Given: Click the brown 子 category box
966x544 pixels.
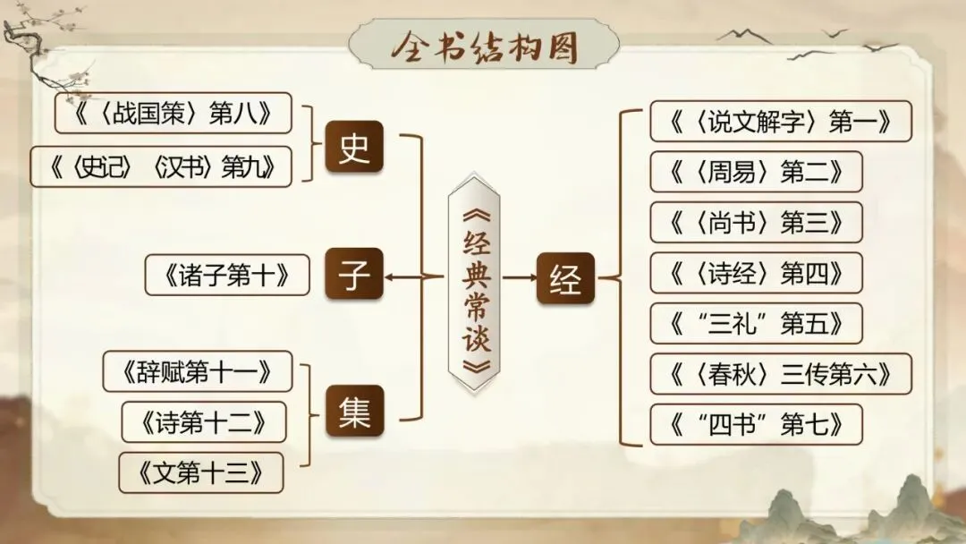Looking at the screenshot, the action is coord(354,276).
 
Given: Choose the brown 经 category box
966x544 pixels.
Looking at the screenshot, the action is coord(566,279).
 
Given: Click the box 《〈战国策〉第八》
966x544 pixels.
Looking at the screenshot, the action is coord(174,113).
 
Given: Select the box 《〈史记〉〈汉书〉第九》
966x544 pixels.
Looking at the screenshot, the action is coord(162,166).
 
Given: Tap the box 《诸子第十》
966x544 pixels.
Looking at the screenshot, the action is coord(227,276).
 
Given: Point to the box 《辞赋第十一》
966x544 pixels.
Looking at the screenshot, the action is coord(198,370).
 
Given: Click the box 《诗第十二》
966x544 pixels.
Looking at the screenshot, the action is coord(204,421).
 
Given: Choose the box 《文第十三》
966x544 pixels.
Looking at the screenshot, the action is coord(201,472).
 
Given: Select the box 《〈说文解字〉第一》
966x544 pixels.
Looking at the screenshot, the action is coord(781,122).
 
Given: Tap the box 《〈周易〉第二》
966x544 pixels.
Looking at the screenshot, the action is coord(756,172).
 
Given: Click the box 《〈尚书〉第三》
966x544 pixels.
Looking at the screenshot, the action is coord(756,222).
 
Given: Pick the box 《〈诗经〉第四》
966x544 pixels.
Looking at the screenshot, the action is coord(756,273).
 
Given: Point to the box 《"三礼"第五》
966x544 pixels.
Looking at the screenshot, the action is coord(756,323).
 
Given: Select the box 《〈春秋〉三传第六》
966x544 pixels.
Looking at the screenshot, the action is coord(781,373).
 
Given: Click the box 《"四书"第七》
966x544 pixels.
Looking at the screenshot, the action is coord(756,424).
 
